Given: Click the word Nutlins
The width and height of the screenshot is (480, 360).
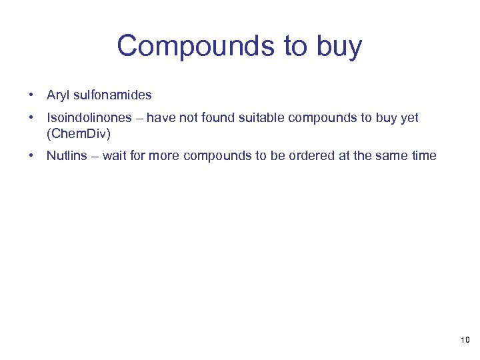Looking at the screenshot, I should point(65,156).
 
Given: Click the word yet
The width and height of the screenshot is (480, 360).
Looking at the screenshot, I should point(409,118).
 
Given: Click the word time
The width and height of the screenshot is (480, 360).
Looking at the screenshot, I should point(425,156).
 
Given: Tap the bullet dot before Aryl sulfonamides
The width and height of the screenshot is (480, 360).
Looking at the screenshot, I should point(31,95).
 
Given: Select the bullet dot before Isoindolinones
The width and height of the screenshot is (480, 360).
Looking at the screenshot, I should point(31,118).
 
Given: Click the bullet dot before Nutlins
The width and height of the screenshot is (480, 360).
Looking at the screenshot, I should point(31,156).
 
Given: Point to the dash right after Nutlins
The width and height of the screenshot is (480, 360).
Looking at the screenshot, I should point(93,156).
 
